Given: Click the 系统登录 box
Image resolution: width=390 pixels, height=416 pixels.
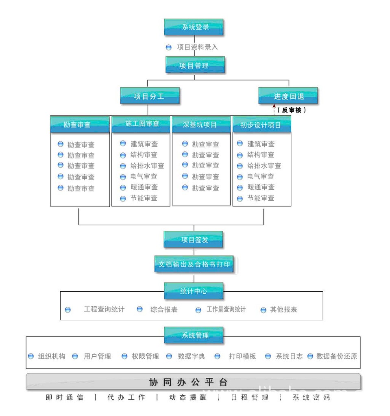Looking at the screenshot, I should [x=194, y=27].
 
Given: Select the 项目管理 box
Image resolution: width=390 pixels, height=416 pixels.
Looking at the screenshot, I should [x=195, y=65].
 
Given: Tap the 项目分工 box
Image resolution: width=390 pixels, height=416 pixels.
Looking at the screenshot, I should [x=150, y=96].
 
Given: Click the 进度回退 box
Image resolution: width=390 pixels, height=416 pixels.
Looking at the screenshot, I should [x=288, y=96].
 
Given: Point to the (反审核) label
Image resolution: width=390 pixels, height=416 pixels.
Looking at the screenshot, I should [x=292, y=110].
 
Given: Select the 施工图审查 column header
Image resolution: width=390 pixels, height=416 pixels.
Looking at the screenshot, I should [x=141, y=124].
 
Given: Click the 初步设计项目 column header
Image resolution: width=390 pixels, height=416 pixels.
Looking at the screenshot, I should [x=261, y=125].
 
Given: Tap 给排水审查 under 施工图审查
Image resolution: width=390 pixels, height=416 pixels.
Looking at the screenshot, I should [x=147, y=166].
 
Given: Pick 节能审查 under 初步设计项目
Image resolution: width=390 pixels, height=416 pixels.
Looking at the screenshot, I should [x=261, y=198].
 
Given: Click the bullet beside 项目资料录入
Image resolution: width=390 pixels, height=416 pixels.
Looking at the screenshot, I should [x=169, y=48].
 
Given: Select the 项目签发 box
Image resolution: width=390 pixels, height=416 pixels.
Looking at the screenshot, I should [x=194, y=240].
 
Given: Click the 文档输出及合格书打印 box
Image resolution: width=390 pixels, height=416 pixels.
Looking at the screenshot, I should [x=194, y=264].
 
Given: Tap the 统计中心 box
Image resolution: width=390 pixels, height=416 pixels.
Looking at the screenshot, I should [x=194, y=291].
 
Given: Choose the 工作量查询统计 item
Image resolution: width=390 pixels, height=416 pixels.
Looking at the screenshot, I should [x=226, y=310].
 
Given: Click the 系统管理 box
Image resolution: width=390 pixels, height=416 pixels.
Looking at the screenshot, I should [x=194, y=335].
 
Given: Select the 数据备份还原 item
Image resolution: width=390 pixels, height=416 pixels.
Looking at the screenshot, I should [x=337, y=356].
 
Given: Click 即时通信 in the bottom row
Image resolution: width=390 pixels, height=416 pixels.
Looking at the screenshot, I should [x=65, y=397].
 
